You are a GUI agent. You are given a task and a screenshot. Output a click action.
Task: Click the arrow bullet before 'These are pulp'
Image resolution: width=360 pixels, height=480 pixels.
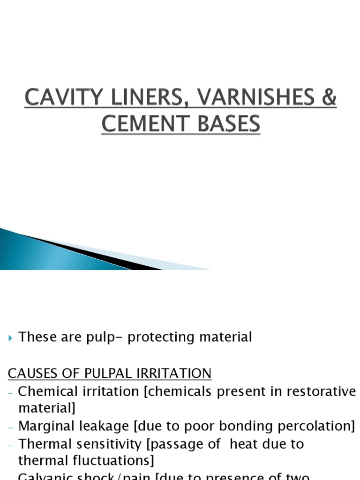(x=11, y=337)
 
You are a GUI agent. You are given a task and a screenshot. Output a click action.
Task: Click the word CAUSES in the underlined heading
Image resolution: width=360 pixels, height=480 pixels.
(x=31, y=374)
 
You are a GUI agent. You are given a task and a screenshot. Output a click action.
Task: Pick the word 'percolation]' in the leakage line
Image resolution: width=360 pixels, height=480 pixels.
(x=319, y=426)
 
